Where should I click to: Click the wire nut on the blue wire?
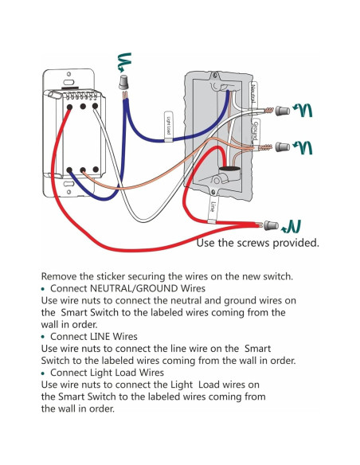123,83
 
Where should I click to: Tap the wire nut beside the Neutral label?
280,110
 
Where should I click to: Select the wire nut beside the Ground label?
280,147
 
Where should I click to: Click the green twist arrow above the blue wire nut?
123,60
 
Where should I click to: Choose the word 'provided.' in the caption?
295,243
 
